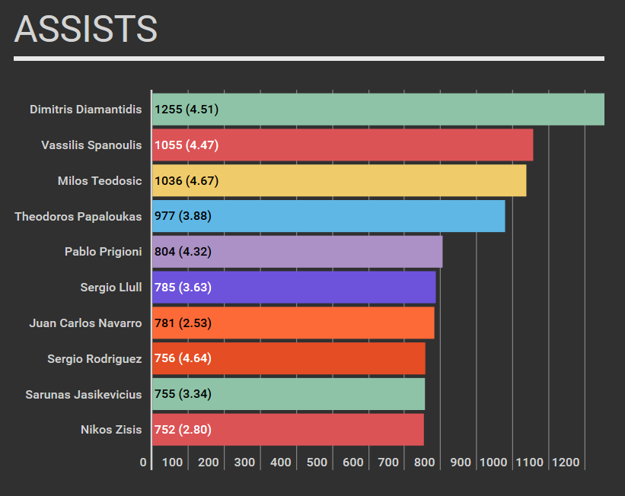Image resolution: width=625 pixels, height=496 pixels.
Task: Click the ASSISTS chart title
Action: pos(86,29)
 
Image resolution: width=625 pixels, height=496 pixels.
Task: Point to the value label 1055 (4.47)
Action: pos(187,145)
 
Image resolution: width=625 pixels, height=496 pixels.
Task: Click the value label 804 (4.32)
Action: pos(183,252)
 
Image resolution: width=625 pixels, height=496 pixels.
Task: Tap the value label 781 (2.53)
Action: pos(183,323)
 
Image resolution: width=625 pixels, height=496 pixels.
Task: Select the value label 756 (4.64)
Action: pos(183,358)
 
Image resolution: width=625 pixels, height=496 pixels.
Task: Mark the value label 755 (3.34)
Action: pos(183,394)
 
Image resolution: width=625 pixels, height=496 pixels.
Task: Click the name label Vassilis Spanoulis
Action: pos(91,145)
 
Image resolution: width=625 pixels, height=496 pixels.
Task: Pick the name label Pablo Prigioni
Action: pos(103,252)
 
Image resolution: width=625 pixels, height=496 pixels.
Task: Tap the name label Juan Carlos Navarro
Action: pos(85,323)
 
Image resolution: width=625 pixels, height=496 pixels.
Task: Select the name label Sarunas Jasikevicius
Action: pos(83,394)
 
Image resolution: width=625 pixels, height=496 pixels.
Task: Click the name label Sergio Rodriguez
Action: pos(94,358)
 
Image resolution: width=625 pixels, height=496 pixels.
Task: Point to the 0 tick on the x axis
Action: pos(143,463)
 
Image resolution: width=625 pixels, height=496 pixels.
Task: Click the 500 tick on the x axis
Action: pos(317,463)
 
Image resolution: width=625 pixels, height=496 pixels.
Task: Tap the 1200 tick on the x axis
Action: pos(566,463)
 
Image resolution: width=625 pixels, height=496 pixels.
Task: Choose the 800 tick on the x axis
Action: pos(425,463)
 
